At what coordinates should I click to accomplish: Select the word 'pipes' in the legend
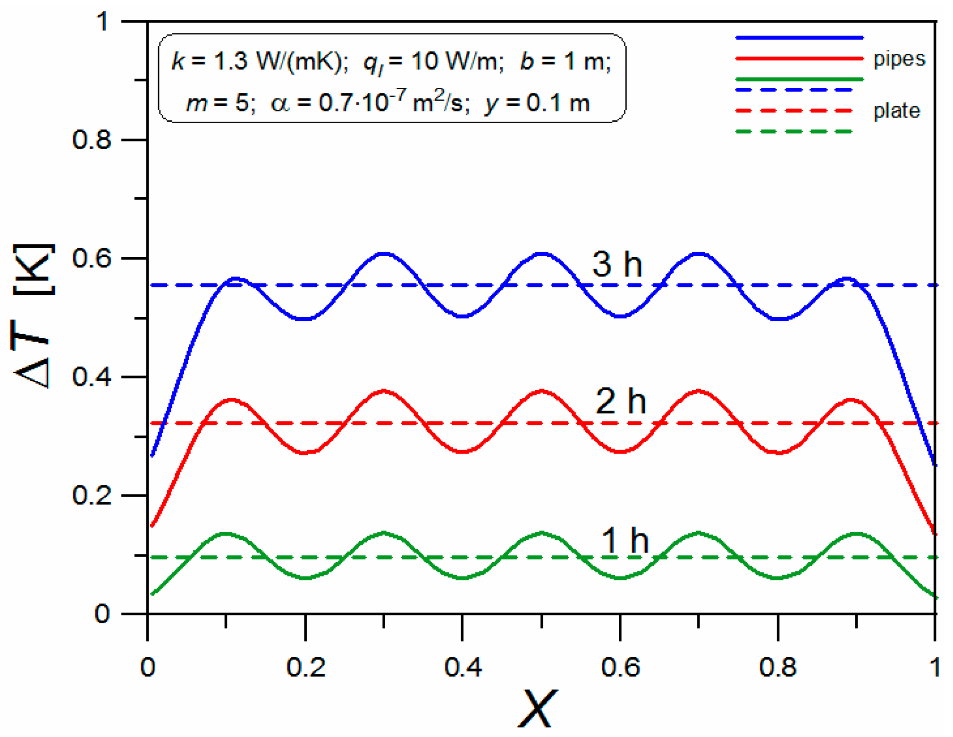point(899,59)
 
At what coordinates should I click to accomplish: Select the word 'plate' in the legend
point(896,111)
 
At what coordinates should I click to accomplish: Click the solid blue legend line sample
point(799,37)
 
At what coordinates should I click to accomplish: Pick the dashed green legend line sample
point(794,132)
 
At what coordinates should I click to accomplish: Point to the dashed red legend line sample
point(794,111)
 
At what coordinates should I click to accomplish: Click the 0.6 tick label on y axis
point(92,259)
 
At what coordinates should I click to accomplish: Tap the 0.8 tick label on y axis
point(92,140)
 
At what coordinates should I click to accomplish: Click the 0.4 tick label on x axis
point(463,668)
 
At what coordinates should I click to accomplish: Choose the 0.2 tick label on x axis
point(306,668)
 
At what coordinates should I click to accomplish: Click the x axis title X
point(537,708)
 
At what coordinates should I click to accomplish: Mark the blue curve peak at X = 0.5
point(542,254)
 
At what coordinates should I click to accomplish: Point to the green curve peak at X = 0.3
point(384,533)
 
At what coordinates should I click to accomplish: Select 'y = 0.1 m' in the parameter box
point(537,103)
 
